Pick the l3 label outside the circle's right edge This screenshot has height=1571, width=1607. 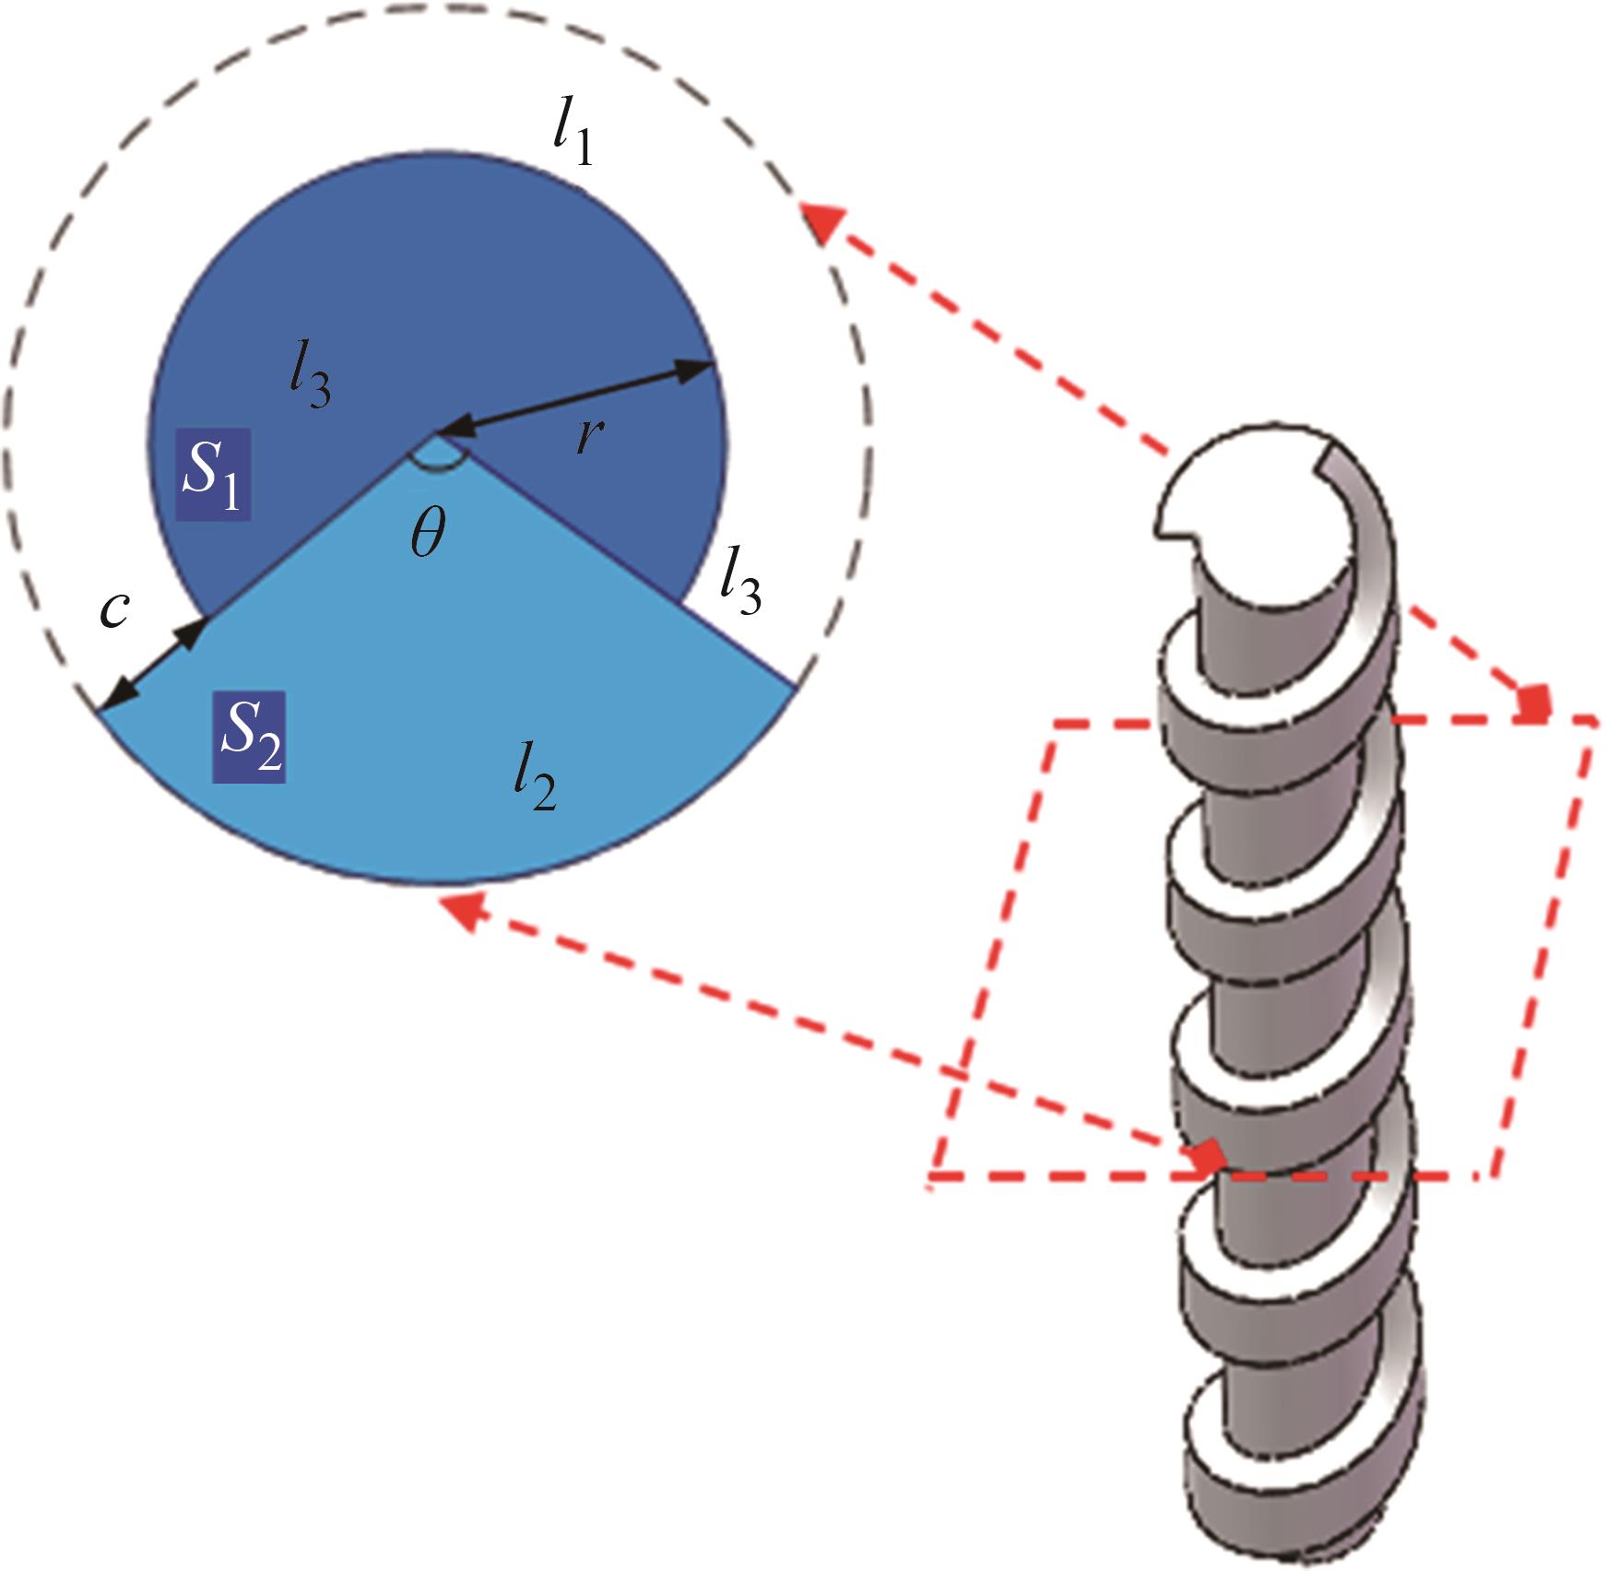point(740,588)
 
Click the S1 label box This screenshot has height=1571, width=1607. point(213,474)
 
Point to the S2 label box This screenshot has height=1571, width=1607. point(249,737)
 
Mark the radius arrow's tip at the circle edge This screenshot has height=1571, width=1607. point(705,366)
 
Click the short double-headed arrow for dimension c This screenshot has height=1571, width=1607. point(152,665)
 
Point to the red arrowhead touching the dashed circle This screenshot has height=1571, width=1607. point(821,221)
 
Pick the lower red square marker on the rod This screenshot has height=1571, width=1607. point(1208,1154)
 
